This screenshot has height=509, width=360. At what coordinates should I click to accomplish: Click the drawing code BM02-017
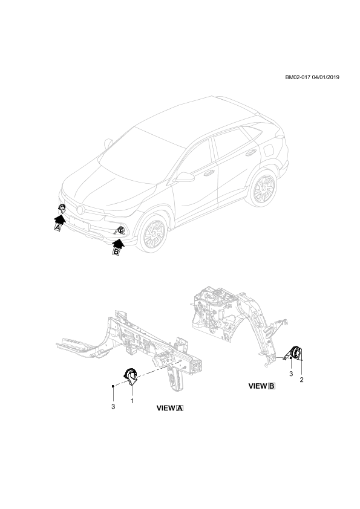pyautogui.click(x=298, y=77)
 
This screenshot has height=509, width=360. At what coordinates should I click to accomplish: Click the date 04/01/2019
pyautogui.click(x=326, y=77)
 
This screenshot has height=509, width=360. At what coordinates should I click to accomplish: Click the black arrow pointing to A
pyautogui.click(x=60, y=219)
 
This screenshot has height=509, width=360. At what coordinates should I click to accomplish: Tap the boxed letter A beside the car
pyautogui.click(x=57, y=228)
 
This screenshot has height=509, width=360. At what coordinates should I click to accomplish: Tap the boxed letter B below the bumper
pyautogui.click(x=116, y=251)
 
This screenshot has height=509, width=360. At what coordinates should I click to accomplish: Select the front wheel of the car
pyautogui.click(x=153, y=233)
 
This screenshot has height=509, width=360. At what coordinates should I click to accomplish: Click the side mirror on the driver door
pyautogui.click(x=185, y=177)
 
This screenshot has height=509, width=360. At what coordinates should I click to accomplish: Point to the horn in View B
pyautogui.click(x=295, y=353)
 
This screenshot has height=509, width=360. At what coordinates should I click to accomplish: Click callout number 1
pyautogui.click(x=133, y=401)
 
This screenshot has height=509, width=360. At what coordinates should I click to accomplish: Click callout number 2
pyautogui.click(x=301, y=380)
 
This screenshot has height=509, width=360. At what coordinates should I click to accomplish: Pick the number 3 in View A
pyautogui.click(x=113, y=407)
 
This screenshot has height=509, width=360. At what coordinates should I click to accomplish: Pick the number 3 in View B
pyautogui.click(x=291, y=374)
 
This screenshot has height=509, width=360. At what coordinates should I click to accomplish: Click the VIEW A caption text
pyautogui.click(x=170, y=409)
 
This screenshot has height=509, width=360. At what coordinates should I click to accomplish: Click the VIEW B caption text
pyautogui.click(x=262, y=386)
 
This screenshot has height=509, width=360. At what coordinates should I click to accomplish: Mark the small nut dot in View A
pyautogui.click(x=113, y=386)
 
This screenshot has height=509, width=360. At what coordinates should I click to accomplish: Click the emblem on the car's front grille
pyautogui.click(x=80, y=209)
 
